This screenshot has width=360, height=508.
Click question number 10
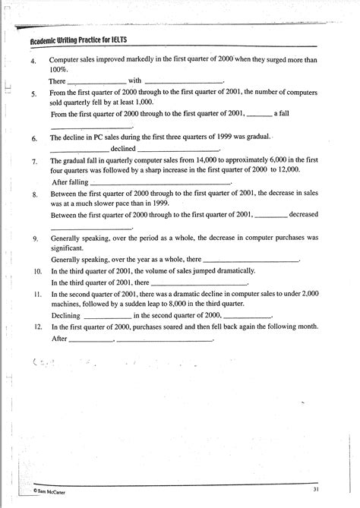37,270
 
